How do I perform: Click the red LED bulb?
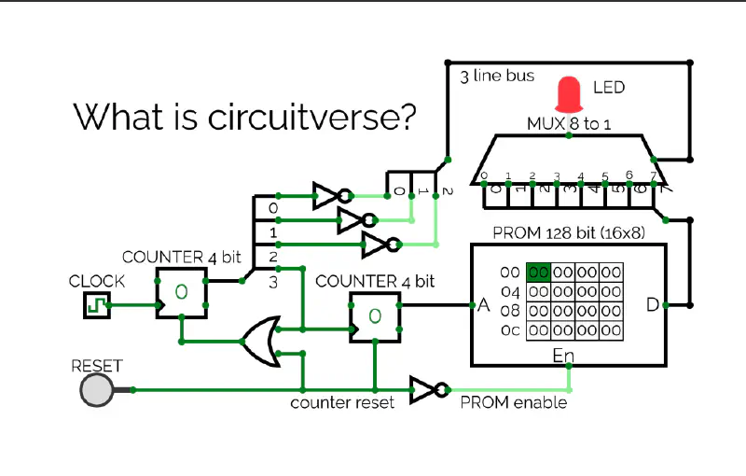click(568, 94)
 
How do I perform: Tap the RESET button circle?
click(97, 390)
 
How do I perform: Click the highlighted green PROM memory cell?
click(538, 273)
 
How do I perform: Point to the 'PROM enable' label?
click(513, 402)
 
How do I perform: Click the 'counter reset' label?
click(342, 402)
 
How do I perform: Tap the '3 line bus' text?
click(497, 76)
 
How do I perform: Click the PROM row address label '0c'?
click(509, 329)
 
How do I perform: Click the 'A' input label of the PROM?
click(483, 305)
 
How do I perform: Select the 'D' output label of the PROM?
click(653, 305)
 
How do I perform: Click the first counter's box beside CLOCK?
click(181, 292)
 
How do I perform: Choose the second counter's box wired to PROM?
click(375, 315)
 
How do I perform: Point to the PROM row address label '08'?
click(509, 311)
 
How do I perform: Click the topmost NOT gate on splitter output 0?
click(331, 196)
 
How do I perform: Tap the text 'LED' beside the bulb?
click(609, 88)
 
